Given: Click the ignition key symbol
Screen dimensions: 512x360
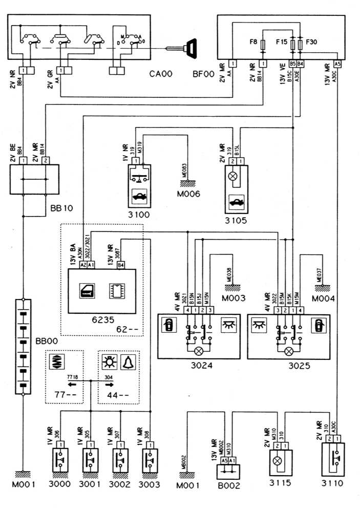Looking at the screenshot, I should [x=193, y=49].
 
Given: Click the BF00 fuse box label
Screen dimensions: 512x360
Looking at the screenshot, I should [x=204, y=74].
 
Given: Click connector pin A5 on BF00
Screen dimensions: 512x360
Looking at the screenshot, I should [x=337, y=64].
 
